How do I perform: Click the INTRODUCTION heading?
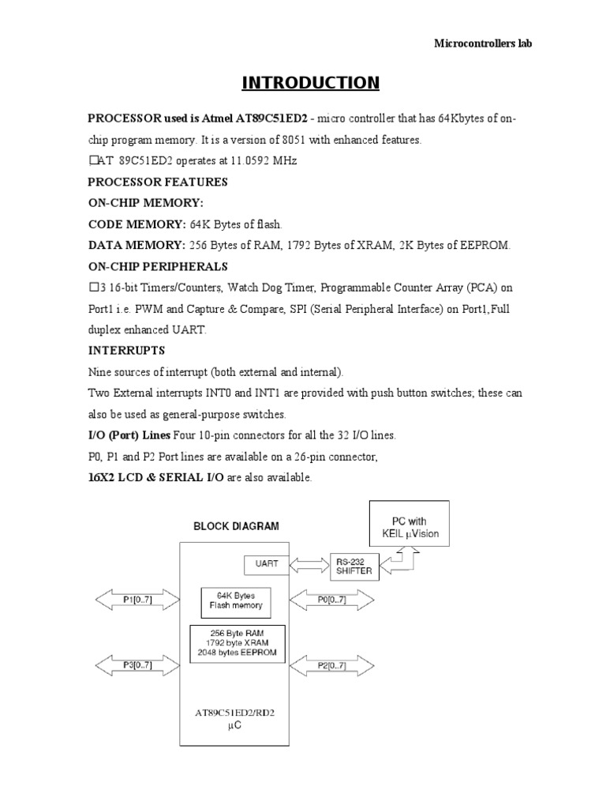tap(309, 83)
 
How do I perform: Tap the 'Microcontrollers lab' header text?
tap(483, 43)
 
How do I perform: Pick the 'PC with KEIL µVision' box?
tap(410, 528)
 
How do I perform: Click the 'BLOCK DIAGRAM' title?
tap(237, 525)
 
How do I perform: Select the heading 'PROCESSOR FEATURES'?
tap(157, 182)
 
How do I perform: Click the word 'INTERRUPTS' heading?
tap(125, 350)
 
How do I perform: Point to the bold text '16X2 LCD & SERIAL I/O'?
tap(155, 478)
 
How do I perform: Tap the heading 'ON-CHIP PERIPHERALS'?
tap(157, 266)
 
